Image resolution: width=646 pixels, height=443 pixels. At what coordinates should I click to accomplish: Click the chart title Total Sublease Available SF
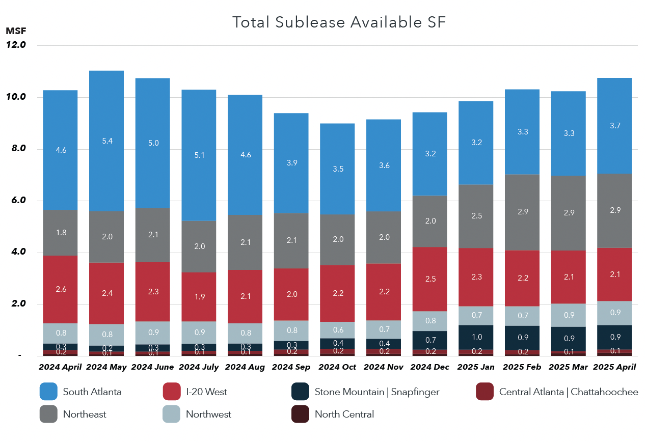(x=339, y=22)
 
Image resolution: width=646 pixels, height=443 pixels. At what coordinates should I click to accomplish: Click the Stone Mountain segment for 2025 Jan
(x=476, y=337)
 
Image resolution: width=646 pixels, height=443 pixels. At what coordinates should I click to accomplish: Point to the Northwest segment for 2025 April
(x=614, y=313)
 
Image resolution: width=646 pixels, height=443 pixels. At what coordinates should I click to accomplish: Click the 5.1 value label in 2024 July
(x=199, y=155)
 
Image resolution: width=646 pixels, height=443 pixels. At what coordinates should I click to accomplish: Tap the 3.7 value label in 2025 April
(x=614, y=126)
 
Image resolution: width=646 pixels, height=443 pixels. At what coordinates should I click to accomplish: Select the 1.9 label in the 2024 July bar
(x=199, y=297)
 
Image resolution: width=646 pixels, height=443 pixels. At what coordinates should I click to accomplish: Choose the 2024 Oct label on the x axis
(x=337, y=367)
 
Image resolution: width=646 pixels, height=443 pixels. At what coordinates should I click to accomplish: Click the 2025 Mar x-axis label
(x=568, y=367)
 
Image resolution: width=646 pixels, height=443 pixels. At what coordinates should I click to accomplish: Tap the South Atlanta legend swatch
(x=48, y=392)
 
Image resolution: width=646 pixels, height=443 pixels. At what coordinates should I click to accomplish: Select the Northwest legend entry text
(x=208, y=414)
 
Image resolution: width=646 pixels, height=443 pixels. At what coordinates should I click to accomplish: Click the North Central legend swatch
(x=300, y=414)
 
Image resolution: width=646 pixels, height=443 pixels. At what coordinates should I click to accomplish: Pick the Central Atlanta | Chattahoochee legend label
(x=569, y=392)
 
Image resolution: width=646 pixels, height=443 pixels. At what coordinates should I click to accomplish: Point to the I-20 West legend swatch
(x=171, y=392)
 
